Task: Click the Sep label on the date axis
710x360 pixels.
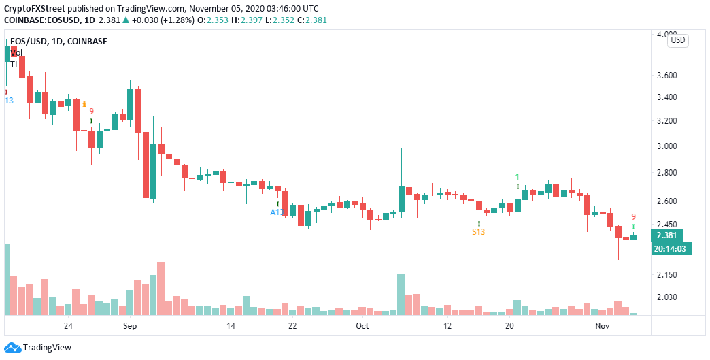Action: click(131, 326)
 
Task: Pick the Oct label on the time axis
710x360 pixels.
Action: click(362, 326)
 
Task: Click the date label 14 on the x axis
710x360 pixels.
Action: click(231, 326)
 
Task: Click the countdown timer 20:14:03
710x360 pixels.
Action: click(671, 249)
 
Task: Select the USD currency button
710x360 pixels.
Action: click(678, 40)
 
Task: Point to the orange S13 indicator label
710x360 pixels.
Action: click(479, 232)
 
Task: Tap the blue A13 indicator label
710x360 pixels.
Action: click(277, 212)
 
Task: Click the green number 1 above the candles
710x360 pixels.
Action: click(517, 176)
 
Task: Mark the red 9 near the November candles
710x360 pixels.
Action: click(633, 216)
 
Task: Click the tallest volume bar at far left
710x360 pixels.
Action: click(7, 279)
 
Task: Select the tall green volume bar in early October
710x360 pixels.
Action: click(401, 294)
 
